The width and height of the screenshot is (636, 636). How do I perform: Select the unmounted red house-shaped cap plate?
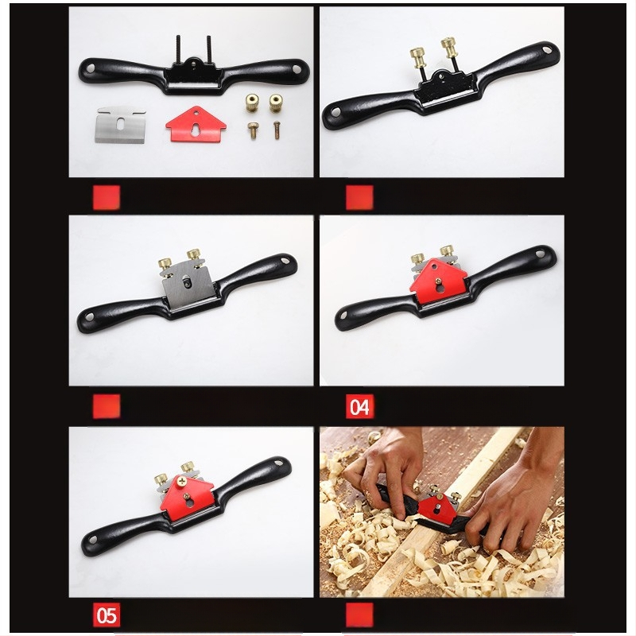coord(196,125)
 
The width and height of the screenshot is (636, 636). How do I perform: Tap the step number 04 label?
coord(360,406)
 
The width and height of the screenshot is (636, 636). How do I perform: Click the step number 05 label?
coord(107,615)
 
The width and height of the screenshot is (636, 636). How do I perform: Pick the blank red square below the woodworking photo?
coord(359,615)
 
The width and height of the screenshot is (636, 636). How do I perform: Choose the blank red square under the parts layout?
coord(107,197)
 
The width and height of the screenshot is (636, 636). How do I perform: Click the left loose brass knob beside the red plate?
coord(252,103)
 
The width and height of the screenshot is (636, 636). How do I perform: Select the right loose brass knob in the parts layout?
coord(276,103)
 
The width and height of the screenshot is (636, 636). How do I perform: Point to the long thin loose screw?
coord(277,130)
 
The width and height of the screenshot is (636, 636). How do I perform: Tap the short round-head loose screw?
coord(253,131)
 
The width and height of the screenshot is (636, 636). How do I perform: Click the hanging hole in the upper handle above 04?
coord(540,254)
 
